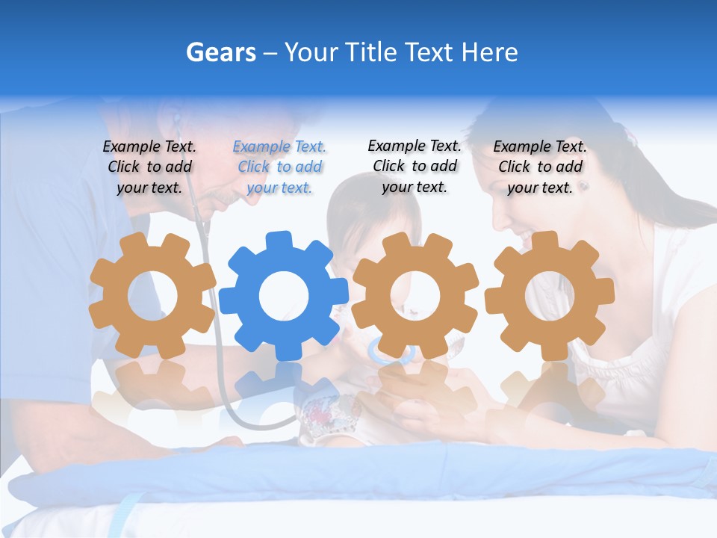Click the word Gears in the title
coord(220,52)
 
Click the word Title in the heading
coord(372,52)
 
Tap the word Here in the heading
coord(490,52)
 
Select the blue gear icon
coord(284,296)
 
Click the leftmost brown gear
coord(152,296)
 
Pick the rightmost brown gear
coord(550,294)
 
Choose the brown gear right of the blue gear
coord(415,296)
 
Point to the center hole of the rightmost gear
coord(550,295)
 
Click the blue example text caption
coord(279,167)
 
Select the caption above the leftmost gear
coord(149,167)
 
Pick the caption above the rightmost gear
coord(540,167)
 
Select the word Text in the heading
coord(429,52)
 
